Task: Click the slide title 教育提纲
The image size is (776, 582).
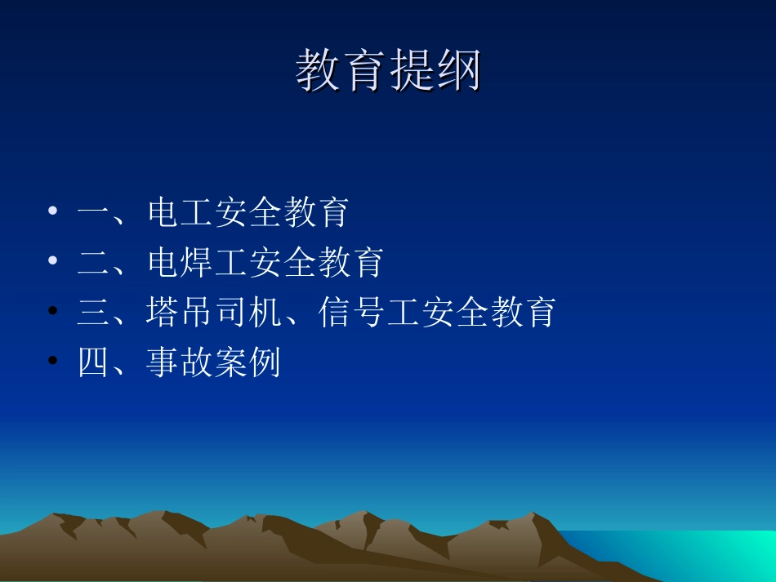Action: pyautogui.click(x=388, y=71)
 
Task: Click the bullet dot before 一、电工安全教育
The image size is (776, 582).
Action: pyautogui.click(x=53, y=211)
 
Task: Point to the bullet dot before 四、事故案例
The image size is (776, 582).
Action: pyautogui.click(x=53, y=361)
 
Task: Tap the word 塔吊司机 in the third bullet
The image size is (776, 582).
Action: pyautogui.click(x=214, y=312)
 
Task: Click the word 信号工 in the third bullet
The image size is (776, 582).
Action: pyautogui.click(x=370, y=312)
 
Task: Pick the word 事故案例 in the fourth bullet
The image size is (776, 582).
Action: pyautogui.click(x=214, y=362)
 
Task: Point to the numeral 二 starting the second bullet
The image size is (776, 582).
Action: pyautogui.click(x=94, y=262)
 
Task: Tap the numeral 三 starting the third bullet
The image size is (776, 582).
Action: pyautogui.click(x=94, y=312)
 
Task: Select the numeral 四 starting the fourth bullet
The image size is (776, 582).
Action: pyautogui.click(x=94, y=362)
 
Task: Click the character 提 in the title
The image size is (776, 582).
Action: pyautogui.click(x=411, y=71)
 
